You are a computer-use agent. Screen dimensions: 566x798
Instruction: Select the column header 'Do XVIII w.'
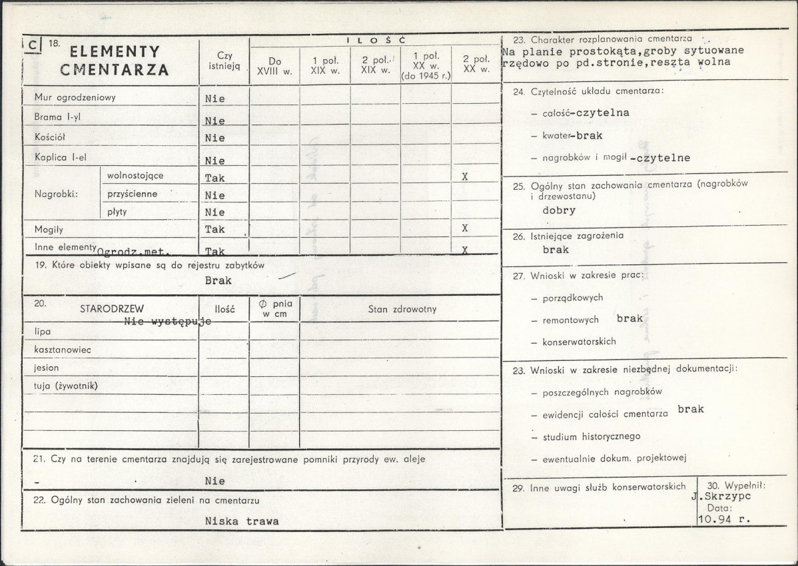coord(274,66)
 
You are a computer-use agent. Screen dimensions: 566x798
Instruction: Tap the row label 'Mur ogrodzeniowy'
coord(75,97)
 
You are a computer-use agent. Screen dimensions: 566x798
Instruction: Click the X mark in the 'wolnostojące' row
coord(465,177)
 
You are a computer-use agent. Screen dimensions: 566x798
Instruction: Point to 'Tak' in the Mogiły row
coord(215,229)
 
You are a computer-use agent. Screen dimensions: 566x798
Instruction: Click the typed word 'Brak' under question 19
coord(218,280)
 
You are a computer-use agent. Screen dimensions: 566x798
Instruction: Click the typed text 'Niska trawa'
coord(242,521)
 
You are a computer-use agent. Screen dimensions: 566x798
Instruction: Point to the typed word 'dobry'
coord(559,210)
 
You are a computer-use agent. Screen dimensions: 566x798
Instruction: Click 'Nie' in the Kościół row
coord(215,139)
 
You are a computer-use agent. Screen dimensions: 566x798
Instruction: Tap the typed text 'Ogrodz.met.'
coord(134,252)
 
